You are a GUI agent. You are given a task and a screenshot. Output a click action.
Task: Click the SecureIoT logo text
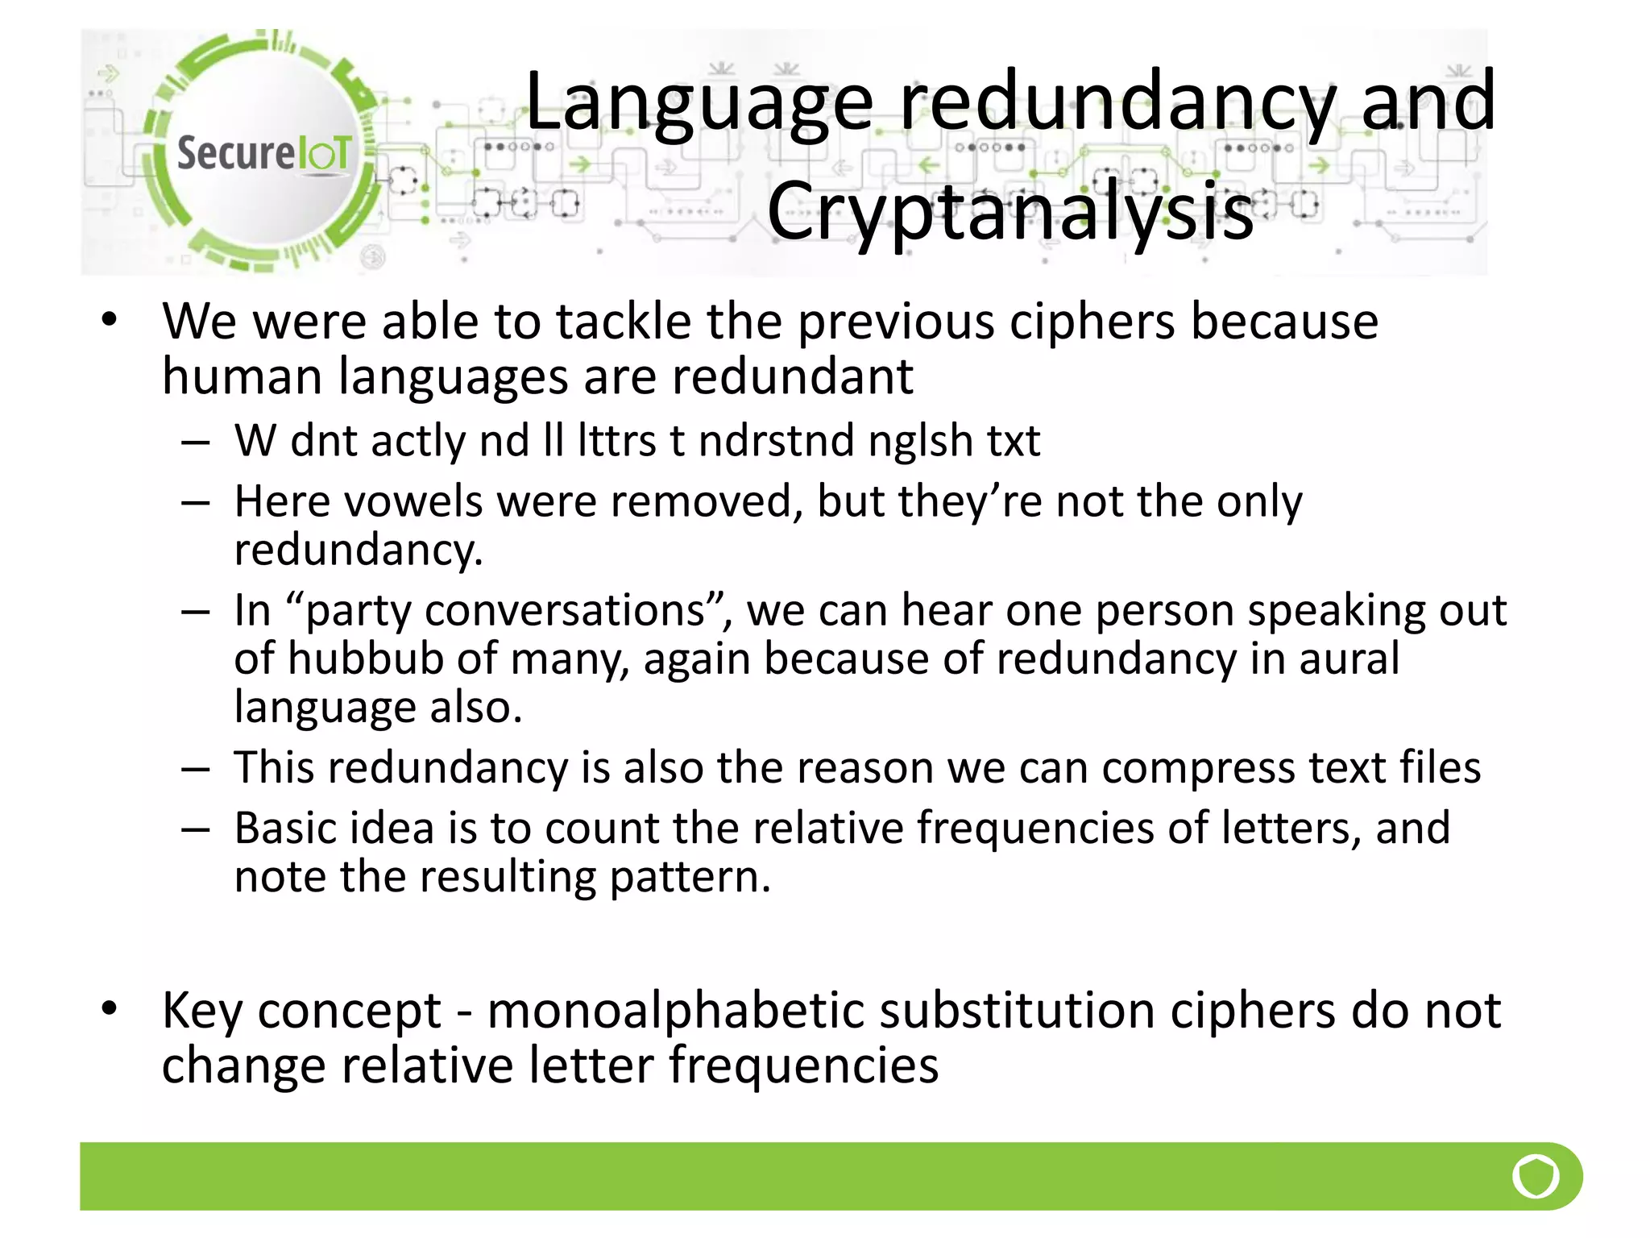(x=263, y=152)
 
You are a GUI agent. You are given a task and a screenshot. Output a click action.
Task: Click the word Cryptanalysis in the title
(x=1010, y=211)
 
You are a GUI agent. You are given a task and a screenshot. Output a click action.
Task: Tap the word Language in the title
(x=699, y=102)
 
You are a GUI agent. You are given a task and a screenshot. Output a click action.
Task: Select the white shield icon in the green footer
(x=1536, y=1176)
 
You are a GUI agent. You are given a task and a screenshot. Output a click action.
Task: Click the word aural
(x=1349, y=658)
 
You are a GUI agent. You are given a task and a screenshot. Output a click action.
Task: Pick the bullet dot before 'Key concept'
(x=110, y=1007)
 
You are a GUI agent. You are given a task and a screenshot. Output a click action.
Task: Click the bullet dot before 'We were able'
(x=110, y=320)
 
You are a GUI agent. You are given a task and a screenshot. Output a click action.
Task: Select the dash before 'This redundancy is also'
(x=196, y=769)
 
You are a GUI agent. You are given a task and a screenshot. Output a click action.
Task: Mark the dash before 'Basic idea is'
(x=196, y=829)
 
